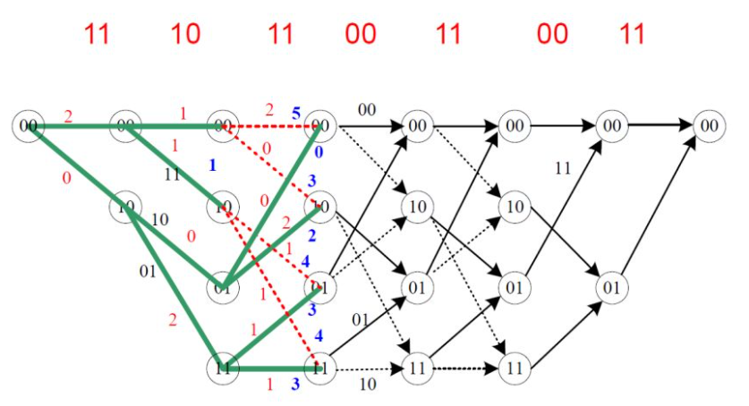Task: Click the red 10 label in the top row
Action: (185, 34)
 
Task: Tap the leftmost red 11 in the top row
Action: (97, 34)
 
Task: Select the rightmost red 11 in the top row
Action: (633, 34)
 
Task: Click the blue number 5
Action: (294, 114)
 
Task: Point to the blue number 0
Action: (319, 152)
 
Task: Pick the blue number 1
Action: (213, 165)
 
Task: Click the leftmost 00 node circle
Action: (29, 126)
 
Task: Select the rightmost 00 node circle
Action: (708, 126)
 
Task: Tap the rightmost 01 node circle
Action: (611, 289)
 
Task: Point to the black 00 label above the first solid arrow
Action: (367, 109)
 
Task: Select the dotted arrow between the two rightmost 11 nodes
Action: (464, 367)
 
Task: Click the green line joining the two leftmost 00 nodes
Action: (76, 126)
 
